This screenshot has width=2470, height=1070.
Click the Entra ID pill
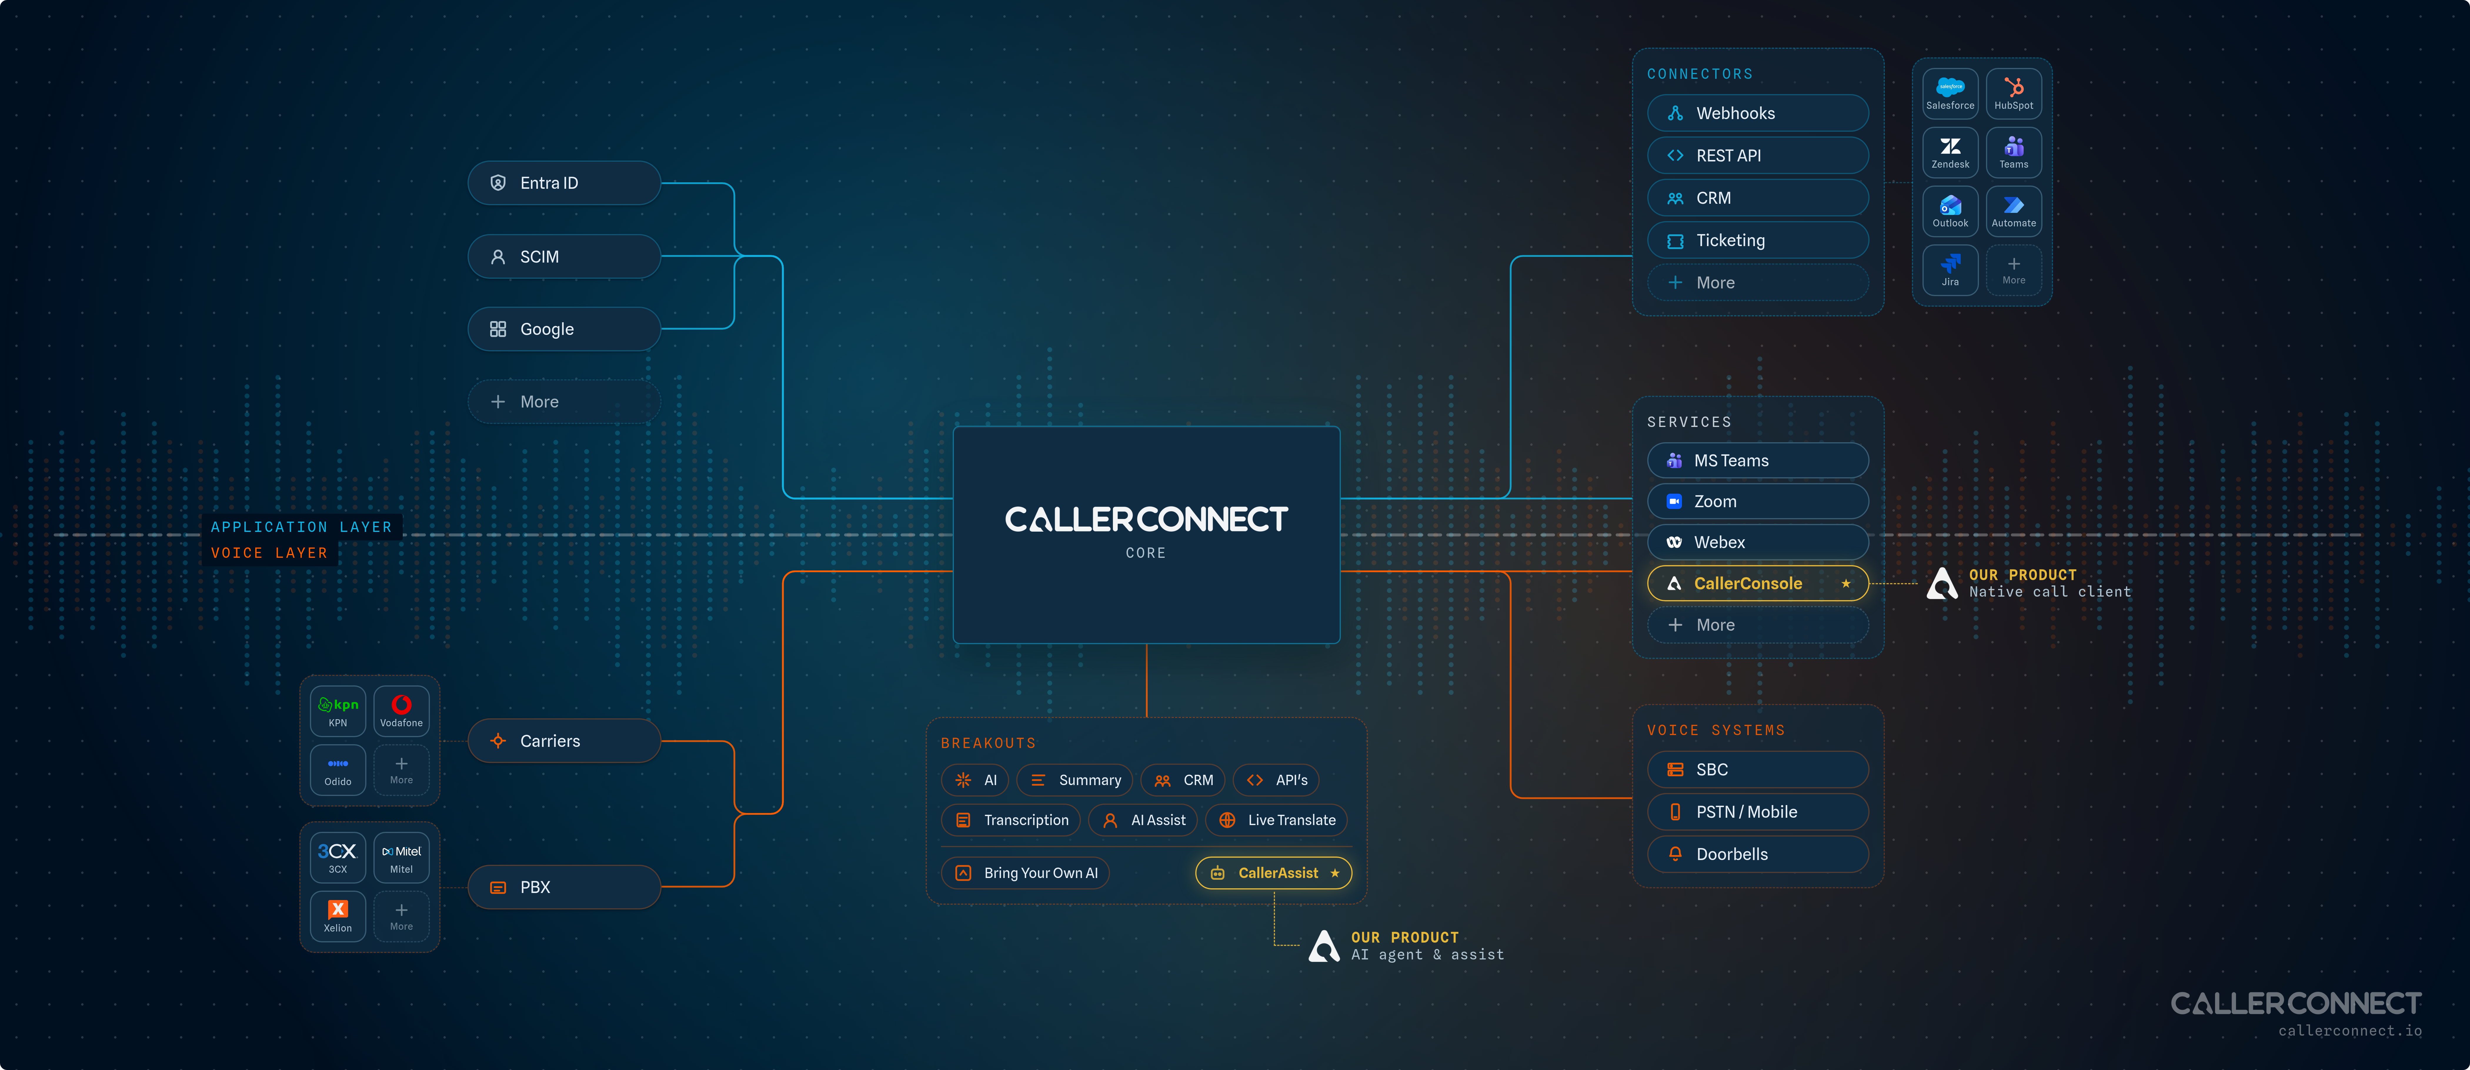click(x=564, y=183)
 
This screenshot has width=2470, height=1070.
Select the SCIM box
click(x=564, y=257)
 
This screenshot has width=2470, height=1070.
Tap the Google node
click(x=564, y=329)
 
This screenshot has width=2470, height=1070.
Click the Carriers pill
click(x=564, y=741)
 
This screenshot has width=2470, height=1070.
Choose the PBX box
click(x=564, y=887)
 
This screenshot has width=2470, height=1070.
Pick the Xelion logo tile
click(x=338, y=916)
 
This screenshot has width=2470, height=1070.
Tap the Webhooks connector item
click(x=1758, y=113)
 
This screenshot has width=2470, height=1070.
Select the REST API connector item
click(x=1758, y=155)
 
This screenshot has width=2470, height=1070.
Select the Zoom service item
click(x=1758, y=501)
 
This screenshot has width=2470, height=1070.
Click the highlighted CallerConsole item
click(x=1758, y=583)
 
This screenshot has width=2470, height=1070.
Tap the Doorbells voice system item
click(x=1758, y=854)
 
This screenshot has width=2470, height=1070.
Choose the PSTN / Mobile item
click(x=1758, y=812)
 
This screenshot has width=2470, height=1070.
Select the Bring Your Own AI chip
click(x=1025, y=872)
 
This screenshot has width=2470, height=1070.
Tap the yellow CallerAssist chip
click(x=1273, y=872)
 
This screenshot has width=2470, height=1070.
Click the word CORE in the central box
click(x=1146, y=553)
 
